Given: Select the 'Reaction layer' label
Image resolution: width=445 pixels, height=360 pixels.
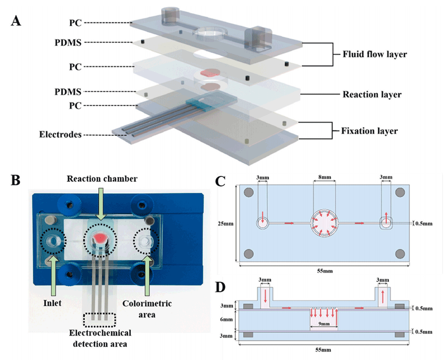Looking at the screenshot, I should pyautogui.click(x=372, y=95).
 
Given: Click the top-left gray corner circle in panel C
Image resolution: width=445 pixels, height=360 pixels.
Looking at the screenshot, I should pyautogui.click(x=249, y=192).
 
